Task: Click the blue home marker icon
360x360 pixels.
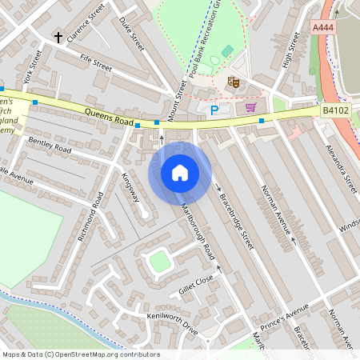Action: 180,173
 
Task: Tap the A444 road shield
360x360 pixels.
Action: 322,27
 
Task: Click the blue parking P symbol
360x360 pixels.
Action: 214,110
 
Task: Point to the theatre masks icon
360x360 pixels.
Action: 234,81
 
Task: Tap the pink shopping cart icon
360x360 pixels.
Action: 250,107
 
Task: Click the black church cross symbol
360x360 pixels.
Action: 58,37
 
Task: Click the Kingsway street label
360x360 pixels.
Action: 130,186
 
